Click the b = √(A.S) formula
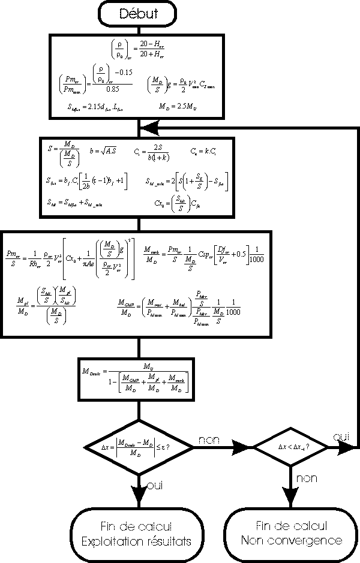coord(103,151)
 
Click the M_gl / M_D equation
coord(46,306)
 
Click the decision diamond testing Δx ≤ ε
coord(139,447)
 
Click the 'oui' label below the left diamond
coord(155,484)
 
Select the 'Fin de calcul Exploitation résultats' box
coord(139,534)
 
